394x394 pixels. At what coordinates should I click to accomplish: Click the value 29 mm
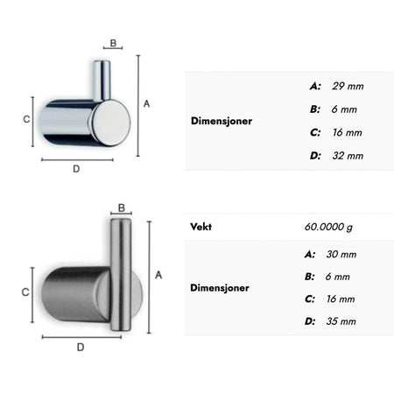click(348, 86)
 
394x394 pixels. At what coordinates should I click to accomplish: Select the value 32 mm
click(348, 156)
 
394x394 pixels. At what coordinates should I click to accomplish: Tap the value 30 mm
click(341, 254)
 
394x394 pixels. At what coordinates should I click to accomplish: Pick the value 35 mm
click(341, 321)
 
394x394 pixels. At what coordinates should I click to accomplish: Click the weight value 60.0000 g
click(328, 227)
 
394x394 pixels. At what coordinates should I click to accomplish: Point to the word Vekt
click(201, 227)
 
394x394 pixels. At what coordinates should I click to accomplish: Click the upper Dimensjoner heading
click(222, 121)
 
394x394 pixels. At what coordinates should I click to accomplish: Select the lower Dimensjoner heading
click(220, 288)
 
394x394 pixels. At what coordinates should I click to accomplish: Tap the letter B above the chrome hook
click(113, 43)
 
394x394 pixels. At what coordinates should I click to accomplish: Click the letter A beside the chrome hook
click(146, 103)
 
